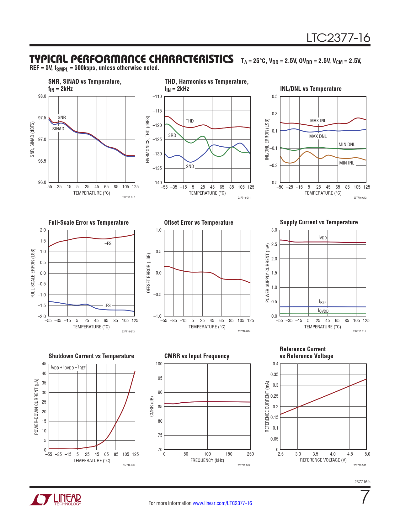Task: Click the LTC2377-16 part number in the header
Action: [338, 38]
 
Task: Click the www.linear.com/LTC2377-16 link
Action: [222, 503]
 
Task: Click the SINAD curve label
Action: [58, 129]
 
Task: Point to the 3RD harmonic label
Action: [172, 135]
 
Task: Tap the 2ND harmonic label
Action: [190, 166]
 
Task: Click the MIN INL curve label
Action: [347, 163]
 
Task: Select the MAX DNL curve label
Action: [318, 136]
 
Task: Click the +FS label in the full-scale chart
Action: [107, 305]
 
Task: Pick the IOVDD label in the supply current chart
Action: [323, 311]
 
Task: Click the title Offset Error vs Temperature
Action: [199, 222]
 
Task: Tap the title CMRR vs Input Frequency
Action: [197, 356]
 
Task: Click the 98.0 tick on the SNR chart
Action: [42, 97]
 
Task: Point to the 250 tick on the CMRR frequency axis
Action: [250, 454]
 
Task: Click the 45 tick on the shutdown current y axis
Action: [44, 364]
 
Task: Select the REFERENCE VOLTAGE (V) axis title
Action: [323, 460]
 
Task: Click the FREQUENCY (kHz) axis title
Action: [207, 460]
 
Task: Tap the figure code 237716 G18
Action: [360, 465]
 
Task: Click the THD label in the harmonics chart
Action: [189, 121]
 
